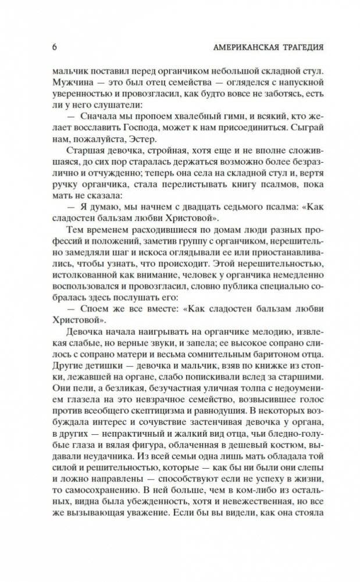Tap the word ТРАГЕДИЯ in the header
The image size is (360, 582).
click(x=301, y=47)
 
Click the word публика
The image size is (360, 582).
click(x=236, y=299)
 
